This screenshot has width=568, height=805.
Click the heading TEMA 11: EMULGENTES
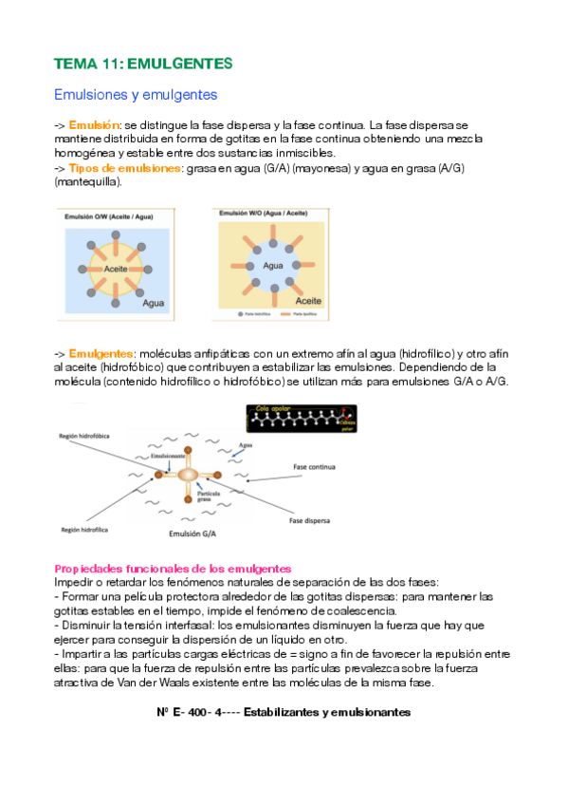point(143,64)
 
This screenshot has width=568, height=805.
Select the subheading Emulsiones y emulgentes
point(136,95)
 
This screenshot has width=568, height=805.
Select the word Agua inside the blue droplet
point(273,267)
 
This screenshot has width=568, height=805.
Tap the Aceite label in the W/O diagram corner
point(308,299)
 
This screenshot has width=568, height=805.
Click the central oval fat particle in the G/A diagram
point(189,474)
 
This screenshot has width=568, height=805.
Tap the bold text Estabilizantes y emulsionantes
point(326,712)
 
